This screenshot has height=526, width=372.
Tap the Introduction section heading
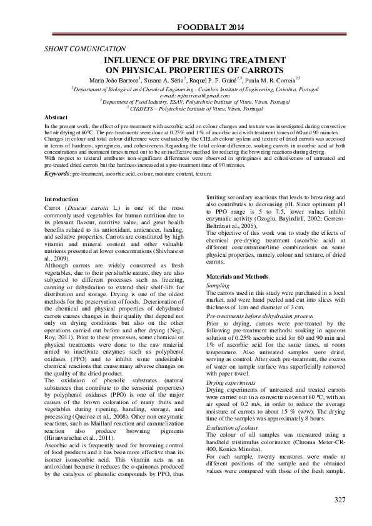pyautogui.click(x=63, y=199)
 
